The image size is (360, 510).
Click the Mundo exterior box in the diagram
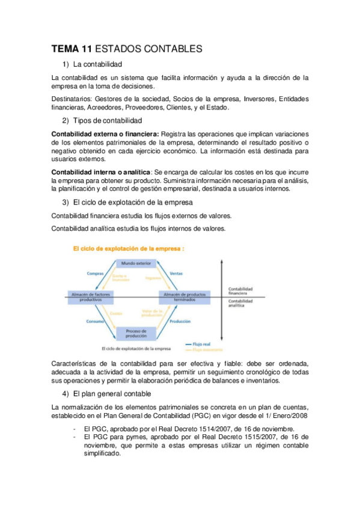[136, 263]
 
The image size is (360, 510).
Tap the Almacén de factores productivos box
[91, 296]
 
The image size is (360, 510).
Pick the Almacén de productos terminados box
[182, 296]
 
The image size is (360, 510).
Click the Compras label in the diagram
[96, 274]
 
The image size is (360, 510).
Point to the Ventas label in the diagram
[177, 274]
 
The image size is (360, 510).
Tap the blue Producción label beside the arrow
[180, 322]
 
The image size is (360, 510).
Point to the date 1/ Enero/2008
[283, 416]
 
